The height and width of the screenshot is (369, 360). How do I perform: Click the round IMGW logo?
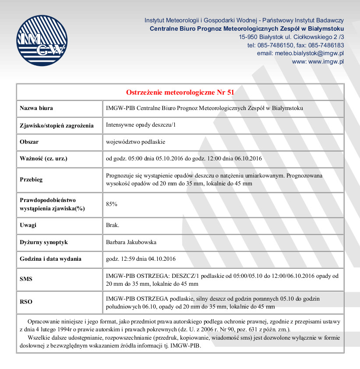pyautogui.click(x=41, y=40)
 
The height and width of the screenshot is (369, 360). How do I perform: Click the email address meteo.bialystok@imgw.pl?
pyautogui.click(x=309, y=53)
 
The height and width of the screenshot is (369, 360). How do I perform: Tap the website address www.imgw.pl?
pyautogui.click(x=326, y=61)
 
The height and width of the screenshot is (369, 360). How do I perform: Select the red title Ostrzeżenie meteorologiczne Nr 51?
pyautogui.click(x=180, y=92)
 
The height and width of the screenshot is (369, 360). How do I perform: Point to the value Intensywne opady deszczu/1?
pyautogui.click(x=141, y=125)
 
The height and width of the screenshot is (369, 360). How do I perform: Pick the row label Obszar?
pyautogui.click(x=29, y=142)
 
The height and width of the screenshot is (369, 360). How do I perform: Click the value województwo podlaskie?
pyautogui.click(x=135, y=142)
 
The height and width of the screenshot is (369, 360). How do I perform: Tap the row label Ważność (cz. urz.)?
pyautogui.click(x=43, y=158)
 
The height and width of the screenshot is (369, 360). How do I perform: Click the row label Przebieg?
pyautogui.click(x=32, y=180)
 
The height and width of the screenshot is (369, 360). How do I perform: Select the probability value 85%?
pyautogui.click(x=112, y=204)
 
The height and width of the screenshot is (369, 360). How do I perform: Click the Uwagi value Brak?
pyautogui.click(x=113, y=225)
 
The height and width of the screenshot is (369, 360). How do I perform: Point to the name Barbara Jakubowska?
pyautogui.click(x=131, y=242)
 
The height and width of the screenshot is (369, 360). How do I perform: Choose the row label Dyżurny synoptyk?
pyautogui.click(x=44, y=242)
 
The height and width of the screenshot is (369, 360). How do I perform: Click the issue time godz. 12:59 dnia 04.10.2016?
pyautogui.click(x=141, y=259)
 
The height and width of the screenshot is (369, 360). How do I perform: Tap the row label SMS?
pyautogui.click(x=26, y=279)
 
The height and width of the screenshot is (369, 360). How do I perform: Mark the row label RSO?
pyautogui.click(x=26, y=302)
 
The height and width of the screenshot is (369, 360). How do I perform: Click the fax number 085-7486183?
pyautogui.click(x=326, y=45)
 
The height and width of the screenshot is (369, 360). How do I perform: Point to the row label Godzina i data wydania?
pyautogui.click(x=50, y=259)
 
